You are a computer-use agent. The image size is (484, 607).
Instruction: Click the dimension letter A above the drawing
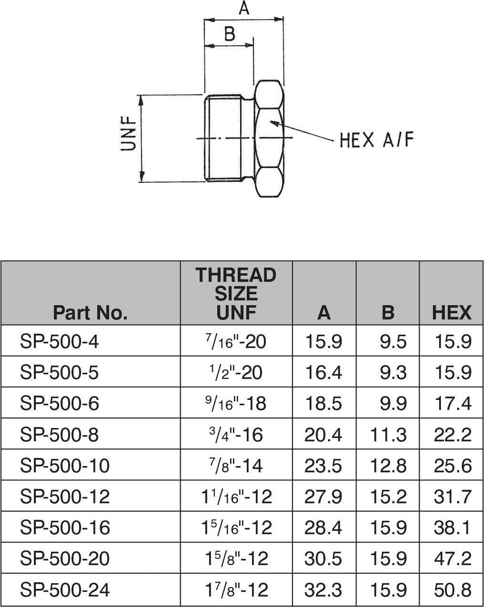coord(244,8)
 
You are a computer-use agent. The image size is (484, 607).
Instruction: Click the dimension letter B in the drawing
coord(230,34)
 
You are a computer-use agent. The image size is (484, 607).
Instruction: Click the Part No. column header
coord(90,313)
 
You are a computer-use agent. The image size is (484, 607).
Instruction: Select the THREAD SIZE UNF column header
coord(236,293)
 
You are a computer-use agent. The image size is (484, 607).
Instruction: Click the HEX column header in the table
coord(451,313)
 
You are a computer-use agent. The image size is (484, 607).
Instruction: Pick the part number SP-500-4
coord(59,342)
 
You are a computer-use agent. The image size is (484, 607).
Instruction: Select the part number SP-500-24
coord(64,590)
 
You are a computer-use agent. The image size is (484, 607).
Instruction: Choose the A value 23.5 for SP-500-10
coord(323,466)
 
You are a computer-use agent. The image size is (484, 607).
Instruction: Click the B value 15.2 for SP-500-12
coord(388,497)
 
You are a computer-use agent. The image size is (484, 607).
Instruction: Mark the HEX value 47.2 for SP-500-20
coord(452,558)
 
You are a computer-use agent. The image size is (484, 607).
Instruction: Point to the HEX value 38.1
coord(452,528)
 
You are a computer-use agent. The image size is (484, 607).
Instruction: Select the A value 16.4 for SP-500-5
coord(323,373)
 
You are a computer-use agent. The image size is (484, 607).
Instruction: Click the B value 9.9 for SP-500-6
coord(393,404)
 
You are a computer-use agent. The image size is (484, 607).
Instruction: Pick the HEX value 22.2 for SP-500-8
coord(452,435)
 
